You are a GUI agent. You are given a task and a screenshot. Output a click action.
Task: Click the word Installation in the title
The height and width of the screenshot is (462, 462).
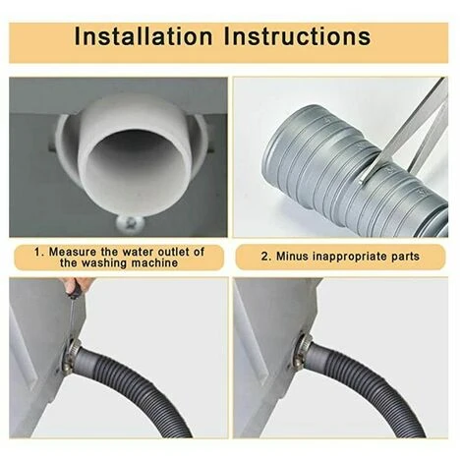pos(144,35)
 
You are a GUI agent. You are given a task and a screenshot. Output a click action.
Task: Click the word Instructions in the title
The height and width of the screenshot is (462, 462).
pos(297,35)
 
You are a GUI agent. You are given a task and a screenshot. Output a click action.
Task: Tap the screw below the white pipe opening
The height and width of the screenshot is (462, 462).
pos(131,224)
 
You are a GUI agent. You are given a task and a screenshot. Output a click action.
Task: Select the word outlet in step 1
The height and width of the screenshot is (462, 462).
pos(173,252)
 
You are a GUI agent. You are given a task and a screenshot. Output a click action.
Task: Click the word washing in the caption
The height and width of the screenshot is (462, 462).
pos(105,263)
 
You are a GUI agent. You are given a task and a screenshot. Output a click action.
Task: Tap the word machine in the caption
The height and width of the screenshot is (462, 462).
pos(155,262)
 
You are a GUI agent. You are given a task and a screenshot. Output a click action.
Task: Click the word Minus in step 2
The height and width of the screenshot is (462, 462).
pos(292,257)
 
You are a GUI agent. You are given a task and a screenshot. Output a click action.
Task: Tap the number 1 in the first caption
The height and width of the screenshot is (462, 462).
pos(38,252)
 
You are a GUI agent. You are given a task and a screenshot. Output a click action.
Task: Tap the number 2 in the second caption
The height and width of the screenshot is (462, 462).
pos(264,257)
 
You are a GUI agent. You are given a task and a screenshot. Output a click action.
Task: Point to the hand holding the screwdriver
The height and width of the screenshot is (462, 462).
pos(79,284)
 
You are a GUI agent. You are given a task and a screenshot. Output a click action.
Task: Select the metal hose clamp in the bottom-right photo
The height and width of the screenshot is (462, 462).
pos(302,352)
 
